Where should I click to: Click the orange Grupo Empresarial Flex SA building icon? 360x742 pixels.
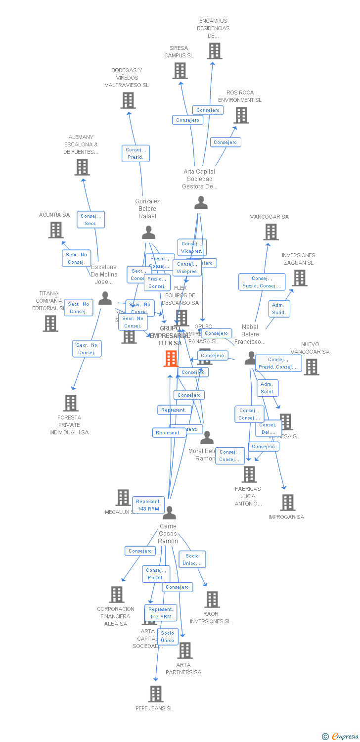tap(171, 358)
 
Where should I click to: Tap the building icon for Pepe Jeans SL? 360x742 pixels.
tap(156, 694)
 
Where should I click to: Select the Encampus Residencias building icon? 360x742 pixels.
tap(214, 50)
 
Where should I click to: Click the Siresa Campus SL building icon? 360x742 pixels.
tap(180, 71)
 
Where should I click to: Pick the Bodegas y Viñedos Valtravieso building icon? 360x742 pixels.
tap(128, 100)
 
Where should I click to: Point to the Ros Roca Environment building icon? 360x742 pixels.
tap(241, 115)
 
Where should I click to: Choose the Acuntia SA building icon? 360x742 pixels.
tap(56, 230)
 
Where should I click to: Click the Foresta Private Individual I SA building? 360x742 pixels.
tap(71, 403)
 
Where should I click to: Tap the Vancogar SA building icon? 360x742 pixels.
tap(270, 232)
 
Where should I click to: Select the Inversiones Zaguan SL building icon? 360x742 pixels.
tap(299, 278)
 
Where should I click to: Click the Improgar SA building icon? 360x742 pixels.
tap(287, 503)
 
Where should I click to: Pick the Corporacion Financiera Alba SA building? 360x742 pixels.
tap(116, 595)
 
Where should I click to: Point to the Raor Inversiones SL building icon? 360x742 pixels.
tap(212, 600)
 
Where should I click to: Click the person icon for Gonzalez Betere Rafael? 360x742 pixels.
tap(148, 232)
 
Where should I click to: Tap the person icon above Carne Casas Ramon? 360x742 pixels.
tap(169, 512)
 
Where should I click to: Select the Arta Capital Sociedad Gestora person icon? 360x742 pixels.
tap(201, 203)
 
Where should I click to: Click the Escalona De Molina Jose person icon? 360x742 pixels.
tap(105, 298)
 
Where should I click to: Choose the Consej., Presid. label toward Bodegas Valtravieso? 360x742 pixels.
tap(135, 153)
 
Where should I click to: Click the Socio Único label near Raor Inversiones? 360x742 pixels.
tap(192, 559)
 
